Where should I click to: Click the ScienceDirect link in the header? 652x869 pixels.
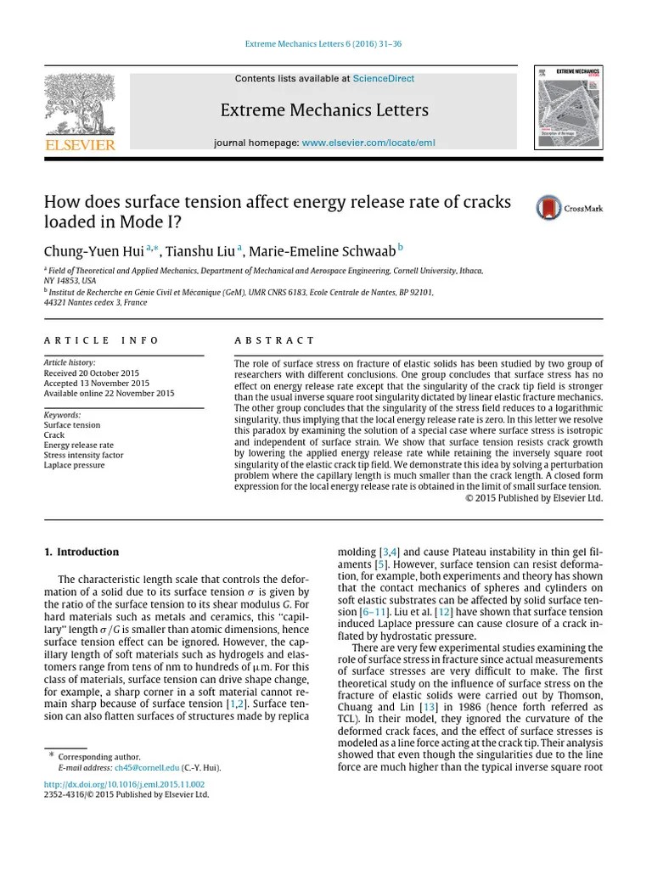383,79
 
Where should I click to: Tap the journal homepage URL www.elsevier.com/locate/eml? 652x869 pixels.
368,143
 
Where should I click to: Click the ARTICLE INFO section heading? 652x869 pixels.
101,340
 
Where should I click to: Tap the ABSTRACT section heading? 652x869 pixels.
274,340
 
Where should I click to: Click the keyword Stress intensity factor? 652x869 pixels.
83,455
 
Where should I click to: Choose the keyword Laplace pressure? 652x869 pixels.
74,465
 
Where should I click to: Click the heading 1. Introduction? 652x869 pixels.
81,552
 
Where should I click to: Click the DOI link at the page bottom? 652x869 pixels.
124,784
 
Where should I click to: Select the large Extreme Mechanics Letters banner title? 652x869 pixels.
324,110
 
